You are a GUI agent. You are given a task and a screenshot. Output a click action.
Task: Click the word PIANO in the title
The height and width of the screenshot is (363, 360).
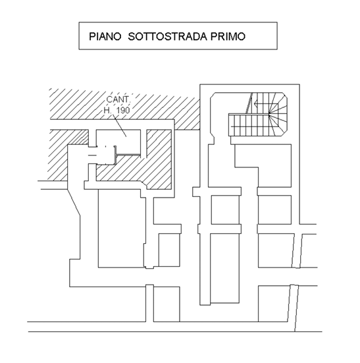[x=105, y=37]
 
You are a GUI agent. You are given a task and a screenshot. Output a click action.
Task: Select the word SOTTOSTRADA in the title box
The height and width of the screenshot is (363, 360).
[x=167, y=37]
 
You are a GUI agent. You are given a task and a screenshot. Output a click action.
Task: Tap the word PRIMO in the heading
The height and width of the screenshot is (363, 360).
[x=228, y=37]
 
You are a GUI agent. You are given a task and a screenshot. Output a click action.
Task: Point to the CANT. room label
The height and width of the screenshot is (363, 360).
[x=118, y=99]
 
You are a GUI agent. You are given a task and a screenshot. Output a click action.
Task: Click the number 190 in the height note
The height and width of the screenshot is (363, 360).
[x=123, y=111]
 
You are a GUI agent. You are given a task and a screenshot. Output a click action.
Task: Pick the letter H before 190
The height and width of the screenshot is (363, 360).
[x=107, y=111]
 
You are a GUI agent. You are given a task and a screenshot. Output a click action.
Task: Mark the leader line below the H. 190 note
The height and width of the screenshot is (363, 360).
[x=120, y=125]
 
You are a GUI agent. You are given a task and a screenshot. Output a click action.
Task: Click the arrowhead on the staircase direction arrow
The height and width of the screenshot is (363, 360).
[x=255, y=103]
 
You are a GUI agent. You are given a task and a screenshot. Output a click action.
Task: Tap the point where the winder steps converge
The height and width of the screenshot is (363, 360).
[x=269, y=113]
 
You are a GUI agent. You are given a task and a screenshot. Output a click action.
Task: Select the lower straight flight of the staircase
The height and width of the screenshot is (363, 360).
[x=249, y=125]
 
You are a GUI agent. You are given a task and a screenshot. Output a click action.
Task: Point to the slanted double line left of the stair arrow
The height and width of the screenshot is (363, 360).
[x=249, y=103]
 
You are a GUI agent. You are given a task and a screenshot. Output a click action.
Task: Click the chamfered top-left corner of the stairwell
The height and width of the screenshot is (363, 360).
[x=213, y=95]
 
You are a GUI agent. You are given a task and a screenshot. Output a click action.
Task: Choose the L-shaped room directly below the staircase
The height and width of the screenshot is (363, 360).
[x=263, y=165]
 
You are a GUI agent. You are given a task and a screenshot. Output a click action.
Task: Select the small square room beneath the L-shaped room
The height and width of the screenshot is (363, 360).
[x=274, y=209]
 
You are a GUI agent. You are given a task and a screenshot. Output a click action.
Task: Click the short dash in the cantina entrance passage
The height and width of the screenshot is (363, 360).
[x=93, y=155]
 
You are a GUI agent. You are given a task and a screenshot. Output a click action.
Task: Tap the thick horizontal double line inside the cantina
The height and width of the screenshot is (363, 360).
[x=128, y=155]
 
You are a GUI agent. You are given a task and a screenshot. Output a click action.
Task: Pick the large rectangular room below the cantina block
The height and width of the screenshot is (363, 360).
[x=122, y=228]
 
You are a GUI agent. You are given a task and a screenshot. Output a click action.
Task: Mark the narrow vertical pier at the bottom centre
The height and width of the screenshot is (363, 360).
[x=149, y=303]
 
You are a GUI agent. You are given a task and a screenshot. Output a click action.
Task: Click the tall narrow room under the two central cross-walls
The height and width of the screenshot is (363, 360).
[x=225, y=268]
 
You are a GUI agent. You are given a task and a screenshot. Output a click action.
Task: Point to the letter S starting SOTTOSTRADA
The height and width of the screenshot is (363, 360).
[x=132, y=37]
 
